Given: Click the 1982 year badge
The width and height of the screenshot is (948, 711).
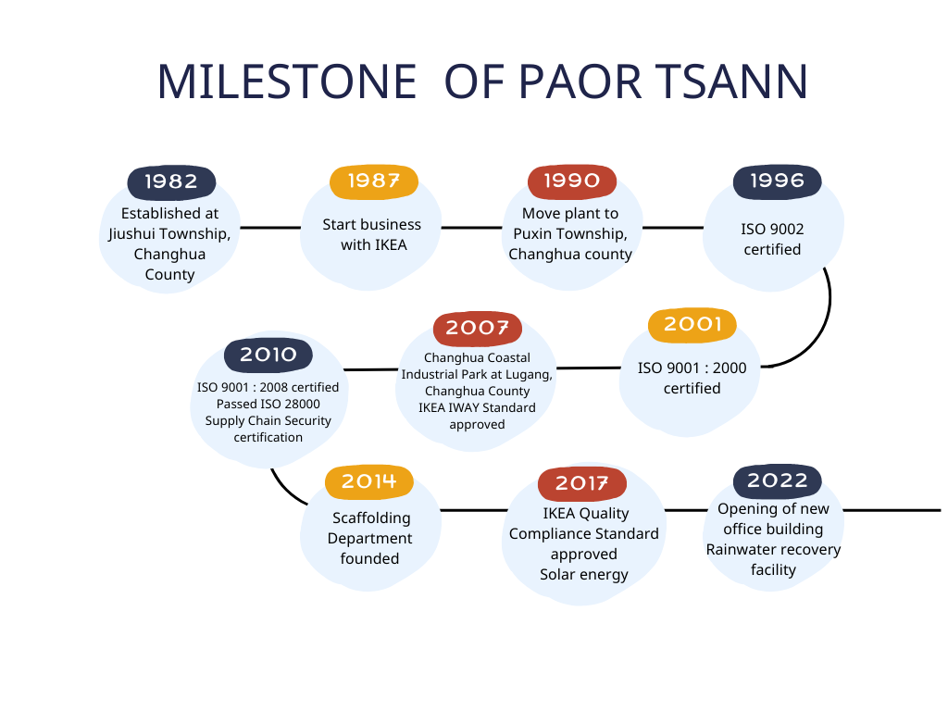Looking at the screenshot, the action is tap(171, 182).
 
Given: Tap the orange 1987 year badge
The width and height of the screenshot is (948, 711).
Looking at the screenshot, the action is tap(374, 181).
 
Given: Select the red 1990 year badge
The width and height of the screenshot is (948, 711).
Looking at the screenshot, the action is tap(572, 181).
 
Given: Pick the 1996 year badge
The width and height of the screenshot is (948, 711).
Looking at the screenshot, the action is tap(777, 181).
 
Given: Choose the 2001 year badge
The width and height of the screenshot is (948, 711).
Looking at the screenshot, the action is tap(692, 325).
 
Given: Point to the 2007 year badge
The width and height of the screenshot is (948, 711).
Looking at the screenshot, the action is tap(477, 329).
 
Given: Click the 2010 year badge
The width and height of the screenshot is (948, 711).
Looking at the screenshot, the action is tap(268, 355).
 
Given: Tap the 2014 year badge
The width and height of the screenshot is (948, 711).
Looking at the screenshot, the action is tap(368, 481).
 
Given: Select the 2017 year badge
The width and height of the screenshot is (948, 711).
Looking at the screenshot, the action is tap(581, 483).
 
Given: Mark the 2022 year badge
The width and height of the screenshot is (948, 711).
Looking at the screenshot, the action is tap(777, 481).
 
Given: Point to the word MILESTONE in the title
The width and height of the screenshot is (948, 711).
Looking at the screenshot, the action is tap(287, 82).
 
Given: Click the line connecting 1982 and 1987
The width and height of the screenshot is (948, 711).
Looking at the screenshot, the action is tap(270, 228).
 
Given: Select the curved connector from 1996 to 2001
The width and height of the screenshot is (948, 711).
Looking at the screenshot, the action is tap(822, 331).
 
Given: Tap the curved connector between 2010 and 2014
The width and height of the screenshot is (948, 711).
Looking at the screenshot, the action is tap(285, 491).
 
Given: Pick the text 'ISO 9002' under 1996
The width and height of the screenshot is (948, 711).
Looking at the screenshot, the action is tap(772, 230).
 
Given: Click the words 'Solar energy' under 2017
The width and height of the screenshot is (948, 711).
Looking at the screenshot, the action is tap(584, 575).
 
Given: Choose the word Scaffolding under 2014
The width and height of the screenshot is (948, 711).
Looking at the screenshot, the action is tap(371, 518).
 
